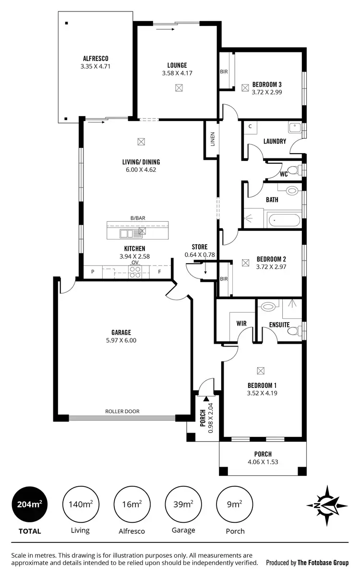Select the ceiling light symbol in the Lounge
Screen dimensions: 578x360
coord(179,88)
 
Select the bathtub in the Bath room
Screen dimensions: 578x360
coord(283,222)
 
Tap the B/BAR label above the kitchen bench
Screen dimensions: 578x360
coord(138,218)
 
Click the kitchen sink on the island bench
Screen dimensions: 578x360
coord(128,234)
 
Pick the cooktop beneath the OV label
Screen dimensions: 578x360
coord(135,272)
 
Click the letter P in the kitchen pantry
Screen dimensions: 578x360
coord(93,272)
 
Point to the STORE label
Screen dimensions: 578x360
coord(199,247)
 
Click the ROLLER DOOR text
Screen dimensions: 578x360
coord(122,411)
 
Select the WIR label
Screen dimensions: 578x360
coord(241,324)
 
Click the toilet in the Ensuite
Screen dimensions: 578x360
coord(267,306)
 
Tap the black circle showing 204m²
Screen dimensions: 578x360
coord(29,504)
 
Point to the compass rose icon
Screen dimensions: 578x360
coord(327,505)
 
